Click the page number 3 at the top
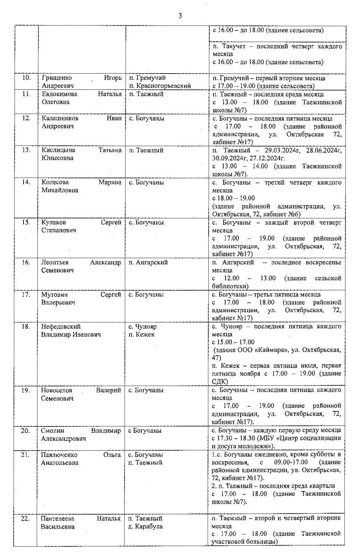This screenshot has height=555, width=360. [180, 16]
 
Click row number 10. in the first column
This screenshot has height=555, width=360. [26, 78]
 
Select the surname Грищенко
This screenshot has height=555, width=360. [57, 78]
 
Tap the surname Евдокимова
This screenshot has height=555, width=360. [59, 94]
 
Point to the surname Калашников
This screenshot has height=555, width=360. [60, 118]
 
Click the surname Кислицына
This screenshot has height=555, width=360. [58, 150]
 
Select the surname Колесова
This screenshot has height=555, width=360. [55, 182]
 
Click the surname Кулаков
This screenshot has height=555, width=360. [54, 222]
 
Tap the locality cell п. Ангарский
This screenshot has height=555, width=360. [148, 262]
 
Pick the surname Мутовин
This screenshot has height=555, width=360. [54, 295]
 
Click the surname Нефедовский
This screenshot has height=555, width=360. [61, 327]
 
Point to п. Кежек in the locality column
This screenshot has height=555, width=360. [141, 335]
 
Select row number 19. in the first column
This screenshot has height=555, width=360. [26, 390]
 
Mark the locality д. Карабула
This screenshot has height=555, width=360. [145, 527]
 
